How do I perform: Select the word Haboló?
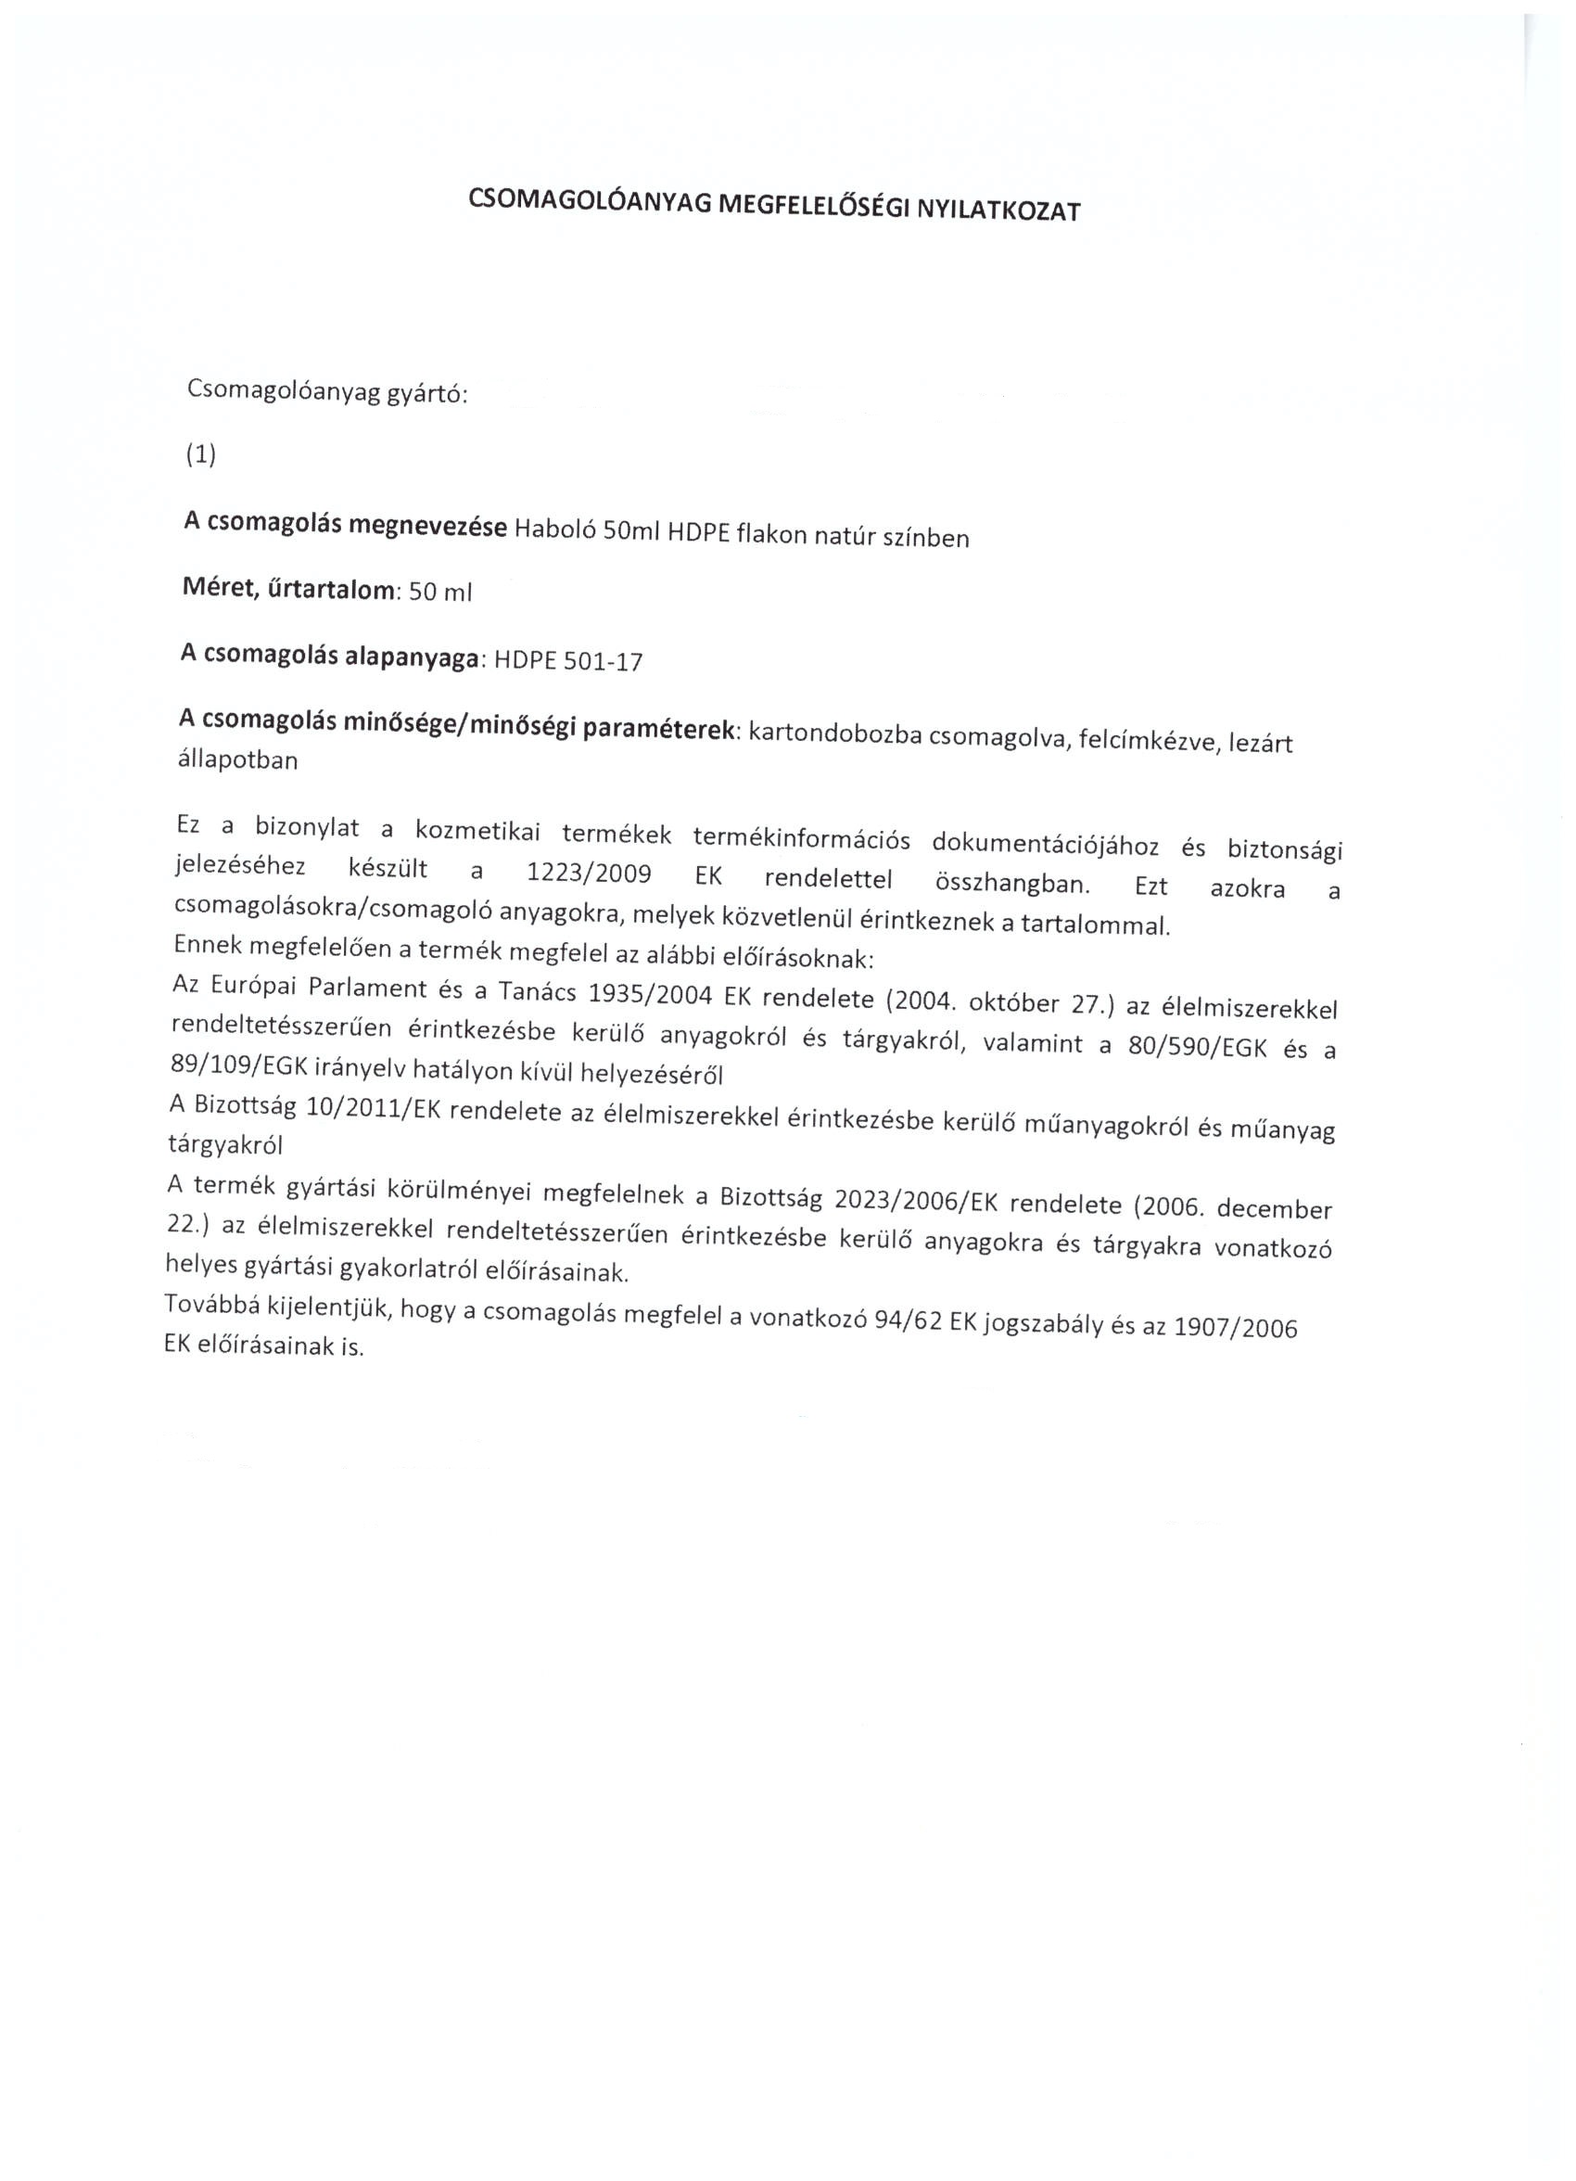[553, 529]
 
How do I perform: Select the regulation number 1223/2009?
[590, 874]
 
